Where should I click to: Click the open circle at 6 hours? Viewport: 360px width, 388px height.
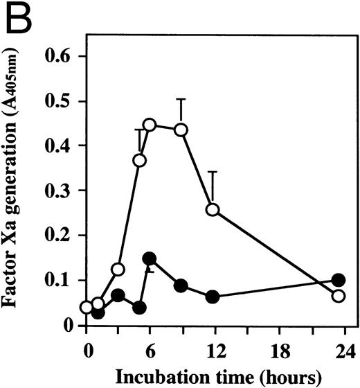tap(150, 125)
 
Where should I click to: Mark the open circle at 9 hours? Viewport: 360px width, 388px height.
tap(181, 130)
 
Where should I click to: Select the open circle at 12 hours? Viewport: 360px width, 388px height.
tap(213, 209)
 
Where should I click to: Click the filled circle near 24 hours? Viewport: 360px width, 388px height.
tap(339, 280)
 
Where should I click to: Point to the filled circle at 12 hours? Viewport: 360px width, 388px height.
tap(213, 297)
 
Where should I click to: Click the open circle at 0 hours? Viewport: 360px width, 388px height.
tap(87, 308)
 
